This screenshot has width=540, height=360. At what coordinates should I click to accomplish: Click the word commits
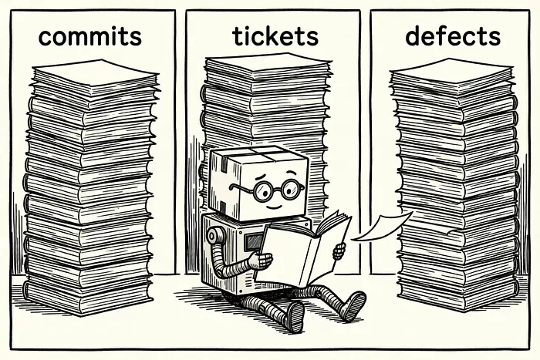tap(90, 36)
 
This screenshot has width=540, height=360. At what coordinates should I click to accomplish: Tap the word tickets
tap(275, 35)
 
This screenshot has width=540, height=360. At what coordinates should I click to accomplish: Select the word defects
tap(453, 35)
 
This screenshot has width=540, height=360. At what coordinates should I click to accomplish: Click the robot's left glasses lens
tap(263, 191)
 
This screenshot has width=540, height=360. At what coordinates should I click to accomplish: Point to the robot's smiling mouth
tap(274, 207)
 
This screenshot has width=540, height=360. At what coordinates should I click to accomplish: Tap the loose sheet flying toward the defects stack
tap(382, 227)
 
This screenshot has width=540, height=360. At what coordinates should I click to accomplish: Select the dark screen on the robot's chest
tap(254, 242)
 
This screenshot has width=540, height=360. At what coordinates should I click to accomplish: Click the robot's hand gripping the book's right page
tap(339, 251)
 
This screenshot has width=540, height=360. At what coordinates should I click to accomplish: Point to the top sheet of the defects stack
tap(451, 71)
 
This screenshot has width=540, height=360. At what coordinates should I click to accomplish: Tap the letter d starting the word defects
tap(413, 36)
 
